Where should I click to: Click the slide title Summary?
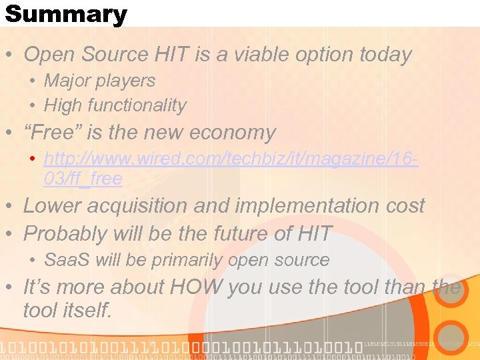point(65,14)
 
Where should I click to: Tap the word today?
point(384,55)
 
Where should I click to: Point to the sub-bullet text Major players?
point(99,81)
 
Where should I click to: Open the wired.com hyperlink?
point(230,159)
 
